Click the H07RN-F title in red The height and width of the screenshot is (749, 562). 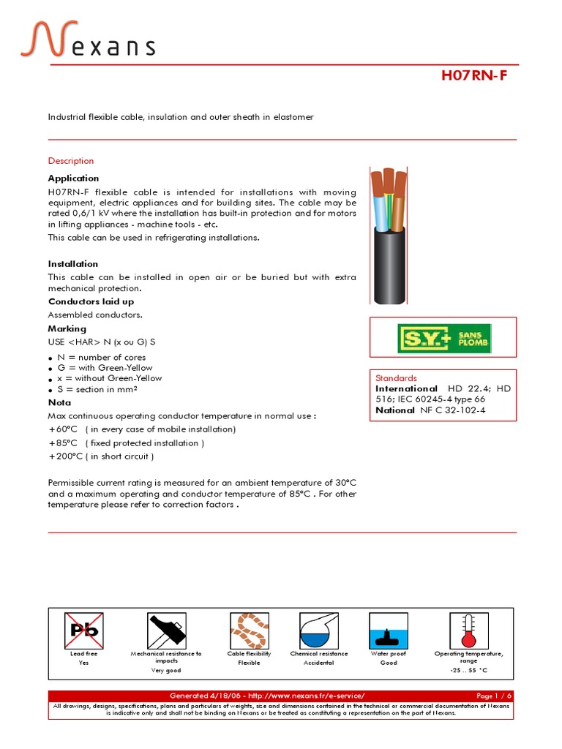point(473,76)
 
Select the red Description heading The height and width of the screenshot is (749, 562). point(71,161)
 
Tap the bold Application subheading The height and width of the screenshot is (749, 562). point(73,178)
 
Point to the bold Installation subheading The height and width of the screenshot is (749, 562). point(73,264)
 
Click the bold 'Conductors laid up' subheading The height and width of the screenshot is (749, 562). point(91,301)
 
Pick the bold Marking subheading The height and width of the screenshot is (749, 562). point(67,329)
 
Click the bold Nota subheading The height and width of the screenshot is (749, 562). point(59,402)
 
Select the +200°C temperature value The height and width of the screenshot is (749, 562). point(64,456)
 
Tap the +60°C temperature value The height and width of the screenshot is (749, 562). point(61,429)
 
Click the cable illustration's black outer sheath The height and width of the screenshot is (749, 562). point(388,271)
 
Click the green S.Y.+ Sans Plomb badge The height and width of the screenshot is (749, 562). point(444,339)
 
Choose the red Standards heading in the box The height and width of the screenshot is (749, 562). point(396,377)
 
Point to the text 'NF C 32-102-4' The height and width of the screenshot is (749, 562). point(453,410)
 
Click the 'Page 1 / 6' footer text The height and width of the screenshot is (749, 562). point(494,695)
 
